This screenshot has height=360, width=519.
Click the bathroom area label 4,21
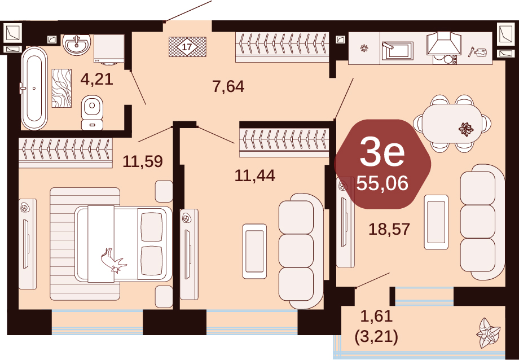pos(96,80)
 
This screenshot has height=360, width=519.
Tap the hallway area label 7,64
pos(228,87)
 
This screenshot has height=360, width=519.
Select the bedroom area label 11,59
pos(143,161)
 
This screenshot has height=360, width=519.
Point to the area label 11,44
pos(254,175)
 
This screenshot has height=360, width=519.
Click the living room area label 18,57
pos(389,229)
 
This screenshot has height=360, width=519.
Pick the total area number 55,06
pos(382,183)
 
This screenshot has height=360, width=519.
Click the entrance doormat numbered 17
pos(187,47)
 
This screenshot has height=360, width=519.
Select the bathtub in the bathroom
pos(34,88)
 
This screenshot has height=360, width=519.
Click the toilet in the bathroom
pos(93,113)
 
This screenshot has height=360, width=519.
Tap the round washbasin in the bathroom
pos(77,44)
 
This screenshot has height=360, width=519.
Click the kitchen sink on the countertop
pos(397,51)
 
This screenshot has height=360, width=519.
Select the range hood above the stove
pos(444,43)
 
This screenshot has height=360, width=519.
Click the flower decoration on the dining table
pos(466,129)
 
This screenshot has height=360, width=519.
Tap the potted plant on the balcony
pos(488,332)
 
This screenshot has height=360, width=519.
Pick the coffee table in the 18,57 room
pos(436,222)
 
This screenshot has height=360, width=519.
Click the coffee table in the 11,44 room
pos(254,251)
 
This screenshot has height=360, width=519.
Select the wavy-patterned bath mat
pos(61,88)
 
